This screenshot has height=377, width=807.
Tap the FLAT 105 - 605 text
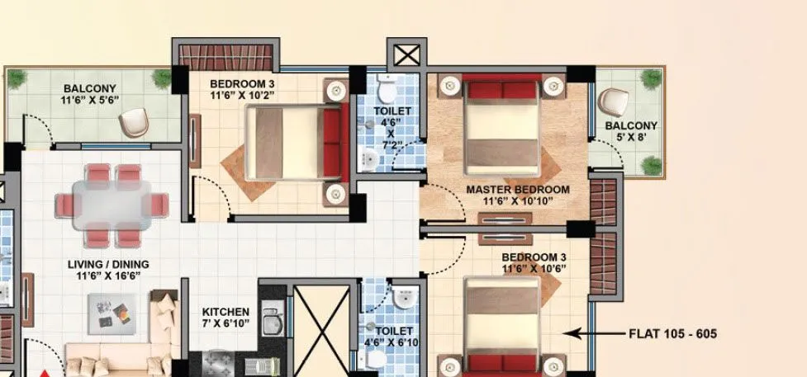[672, 334]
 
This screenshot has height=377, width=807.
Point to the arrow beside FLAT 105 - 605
[594, 334]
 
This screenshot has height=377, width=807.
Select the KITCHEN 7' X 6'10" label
[226, 318]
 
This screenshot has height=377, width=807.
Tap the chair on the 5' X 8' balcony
[613, 102]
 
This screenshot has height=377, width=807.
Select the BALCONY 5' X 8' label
[631, 132]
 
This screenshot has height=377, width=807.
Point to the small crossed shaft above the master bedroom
[406, 56]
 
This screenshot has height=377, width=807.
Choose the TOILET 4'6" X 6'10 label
[390, 337]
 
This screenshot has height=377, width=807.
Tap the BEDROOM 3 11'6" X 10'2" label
[241, 89]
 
